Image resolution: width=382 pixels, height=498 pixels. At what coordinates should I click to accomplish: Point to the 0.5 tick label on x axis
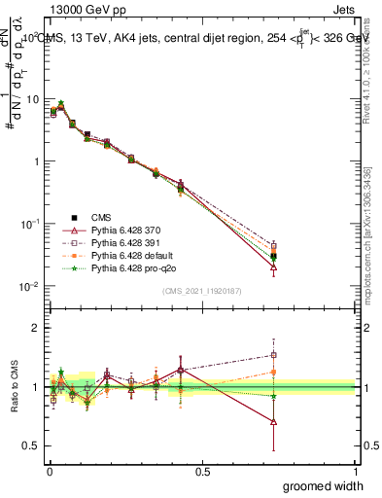(202, 470)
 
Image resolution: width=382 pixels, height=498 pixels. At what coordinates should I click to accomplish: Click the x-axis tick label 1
(355, 470)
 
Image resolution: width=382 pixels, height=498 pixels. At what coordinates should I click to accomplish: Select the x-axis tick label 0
(50, 470)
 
